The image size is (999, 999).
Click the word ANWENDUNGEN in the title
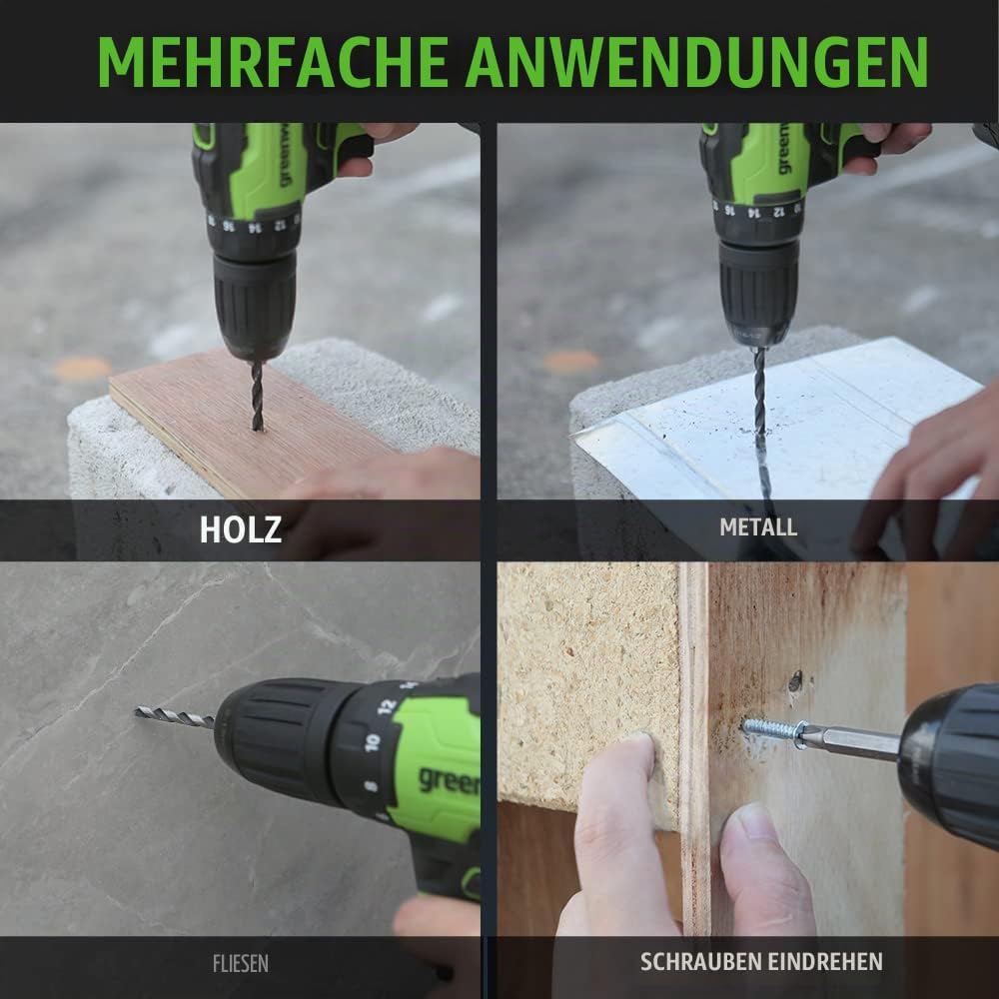point(696,62)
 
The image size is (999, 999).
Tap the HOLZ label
point(240,529)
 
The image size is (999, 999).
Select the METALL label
point(758,526)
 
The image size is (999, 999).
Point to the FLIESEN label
point(240,963)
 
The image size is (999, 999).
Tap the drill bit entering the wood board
point(257,395)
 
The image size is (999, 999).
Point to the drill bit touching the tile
point(175,716)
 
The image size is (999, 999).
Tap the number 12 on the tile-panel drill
point(386,707)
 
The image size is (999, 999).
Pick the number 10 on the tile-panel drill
point(373,742)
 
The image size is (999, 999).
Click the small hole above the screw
point(795,681)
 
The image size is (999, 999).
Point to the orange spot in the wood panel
point(83,369)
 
